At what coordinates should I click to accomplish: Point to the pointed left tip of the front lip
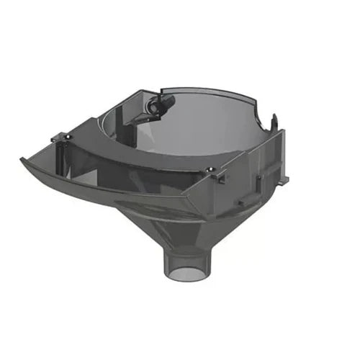tap(22, 160)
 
